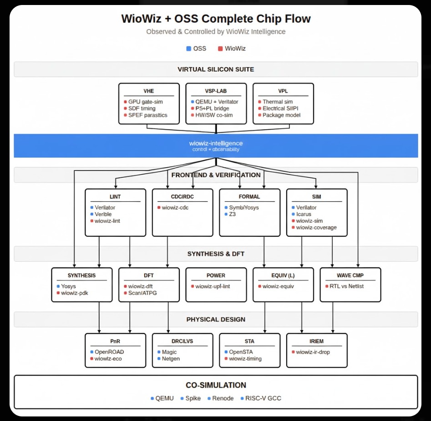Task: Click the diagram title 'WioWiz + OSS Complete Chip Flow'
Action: point(216,19)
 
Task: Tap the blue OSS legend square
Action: point(188,49)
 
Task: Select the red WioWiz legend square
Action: point(220,49)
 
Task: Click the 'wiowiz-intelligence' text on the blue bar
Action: point(216,143)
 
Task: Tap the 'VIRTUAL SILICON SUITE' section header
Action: point(216,70)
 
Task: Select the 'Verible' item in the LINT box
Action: point(103,214)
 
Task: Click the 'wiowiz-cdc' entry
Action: point(176,208)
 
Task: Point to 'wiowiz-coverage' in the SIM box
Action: point(316,227)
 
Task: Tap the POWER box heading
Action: point(216,276)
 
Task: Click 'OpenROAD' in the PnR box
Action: point(109,352)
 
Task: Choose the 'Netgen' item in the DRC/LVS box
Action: point(171,359)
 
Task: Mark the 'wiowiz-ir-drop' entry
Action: point(313,352)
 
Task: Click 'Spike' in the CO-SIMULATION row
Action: point(193,398)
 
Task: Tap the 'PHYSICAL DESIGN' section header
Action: point(216,320)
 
